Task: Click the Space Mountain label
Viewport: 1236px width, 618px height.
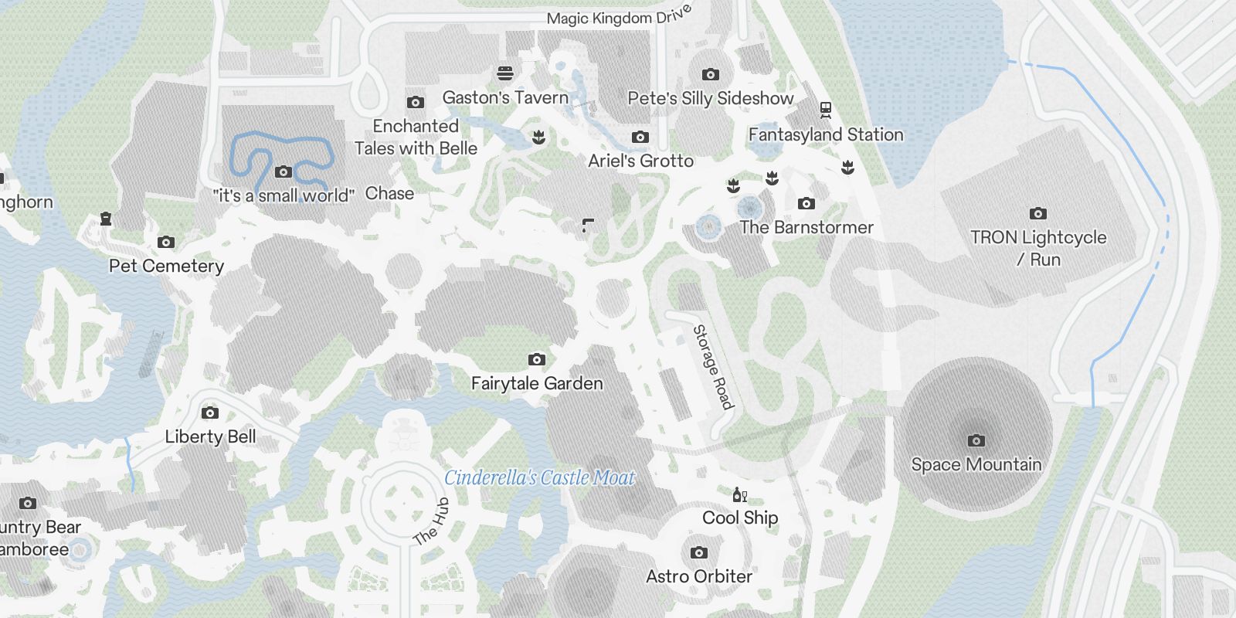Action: pos(976,464)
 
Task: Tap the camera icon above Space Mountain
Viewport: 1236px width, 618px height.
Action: pos(976,440)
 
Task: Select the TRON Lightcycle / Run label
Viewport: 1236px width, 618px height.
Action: pos(1038,248)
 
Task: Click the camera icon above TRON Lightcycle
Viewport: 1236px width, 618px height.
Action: pos(1038,213)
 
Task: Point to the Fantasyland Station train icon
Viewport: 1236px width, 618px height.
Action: pos(826,110)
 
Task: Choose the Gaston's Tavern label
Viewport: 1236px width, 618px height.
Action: pos(505,97)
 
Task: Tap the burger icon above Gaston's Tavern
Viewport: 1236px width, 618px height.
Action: pos(505,73)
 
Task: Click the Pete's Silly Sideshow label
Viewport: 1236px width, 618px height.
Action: pos(710,98)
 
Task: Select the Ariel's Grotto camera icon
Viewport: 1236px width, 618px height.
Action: pos(640,137)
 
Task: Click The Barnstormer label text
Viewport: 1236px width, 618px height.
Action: pos(806,227)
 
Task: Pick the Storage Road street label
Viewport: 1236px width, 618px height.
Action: pos(713,367)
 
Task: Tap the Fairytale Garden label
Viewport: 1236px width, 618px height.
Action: pos(537,383)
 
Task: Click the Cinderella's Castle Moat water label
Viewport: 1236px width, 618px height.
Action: pos(539,478)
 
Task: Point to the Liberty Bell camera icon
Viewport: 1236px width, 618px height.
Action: pos(209,413)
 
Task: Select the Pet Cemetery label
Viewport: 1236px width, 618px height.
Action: pos(166,266)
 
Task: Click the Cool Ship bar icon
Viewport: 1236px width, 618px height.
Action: pos(739,494)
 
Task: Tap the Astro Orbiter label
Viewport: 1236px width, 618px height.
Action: pos(699,576)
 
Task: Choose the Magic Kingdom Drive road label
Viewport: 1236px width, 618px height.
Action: pos(618,17)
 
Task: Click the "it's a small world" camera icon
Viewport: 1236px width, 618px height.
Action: pos(284,171)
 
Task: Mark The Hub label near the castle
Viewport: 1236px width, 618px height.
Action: pos(431,522)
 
